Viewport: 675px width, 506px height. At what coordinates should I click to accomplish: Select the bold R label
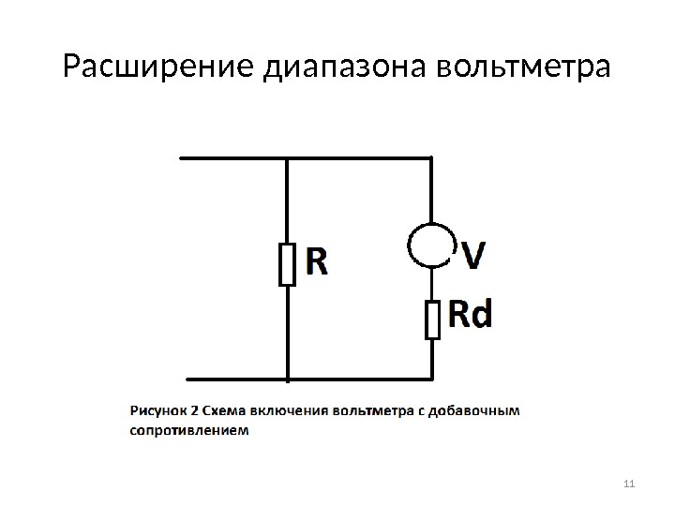click(317, 262)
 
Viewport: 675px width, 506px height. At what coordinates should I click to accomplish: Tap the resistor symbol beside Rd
click(432, 319)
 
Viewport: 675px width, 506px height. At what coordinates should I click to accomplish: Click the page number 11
click(628, 484)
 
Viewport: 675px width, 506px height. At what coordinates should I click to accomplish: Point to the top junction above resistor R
click(287, 157)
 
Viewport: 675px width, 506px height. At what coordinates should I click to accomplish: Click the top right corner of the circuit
click(431, 157)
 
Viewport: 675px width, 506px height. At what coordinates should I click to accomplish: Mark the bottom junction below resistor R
click(287, 379)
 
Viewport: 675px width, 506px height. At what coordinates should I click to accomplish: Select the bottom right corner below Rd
click(432, 379)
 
